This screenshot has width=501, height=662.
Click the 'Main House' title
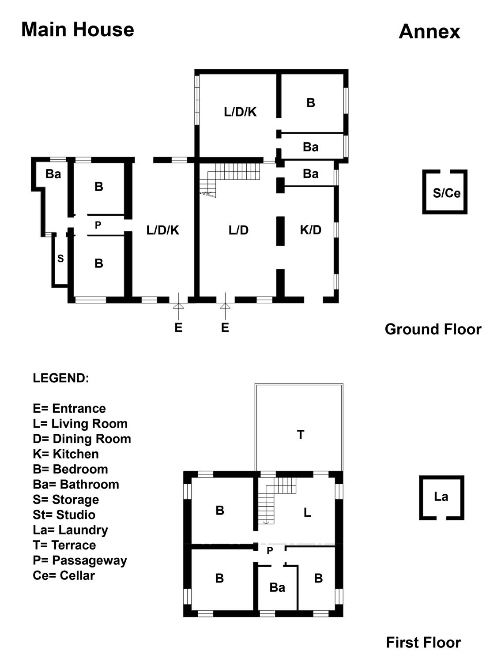pos(78,30)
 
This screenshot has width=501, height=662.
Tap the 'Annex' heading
pos(429,32)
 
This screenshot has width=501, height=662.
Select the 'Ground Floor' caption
pos(433,329)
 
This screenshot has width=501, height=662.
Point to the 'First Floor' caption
pos(423,643)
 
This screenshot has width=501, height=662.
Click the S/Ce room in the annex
pos(446,193)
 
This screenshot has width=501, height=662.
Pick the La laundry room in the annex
pos(441,497)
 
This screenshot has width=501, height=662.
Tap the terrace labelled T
pos(300,435)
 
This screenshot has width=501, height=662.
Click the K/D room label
pos(310,229)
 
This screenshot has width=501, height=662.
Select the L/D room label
pos(238,230)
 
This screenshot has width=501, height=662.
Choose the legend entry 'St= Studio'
pos(64,515)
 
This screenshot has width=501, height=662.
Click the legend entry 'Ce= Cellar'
pos(64,575)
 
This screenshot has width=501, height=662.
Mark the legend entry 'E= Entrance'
pos(69,408)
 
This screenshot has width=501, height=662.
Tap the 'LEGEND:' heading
pos(61,378)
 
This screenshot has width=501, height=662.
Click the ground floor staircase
pos(230,177)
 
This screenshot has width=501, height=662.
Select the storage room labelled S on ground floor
pos(60,259)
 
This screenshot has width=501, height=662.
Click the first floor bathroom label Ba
pos(277,587)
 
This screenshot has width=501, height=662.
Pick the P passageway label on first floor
pos(270,550)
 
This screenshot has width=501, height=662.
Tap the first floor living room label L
pos(307,512)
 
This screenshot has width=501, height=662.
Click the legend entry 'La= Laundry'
pos(70,530)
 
